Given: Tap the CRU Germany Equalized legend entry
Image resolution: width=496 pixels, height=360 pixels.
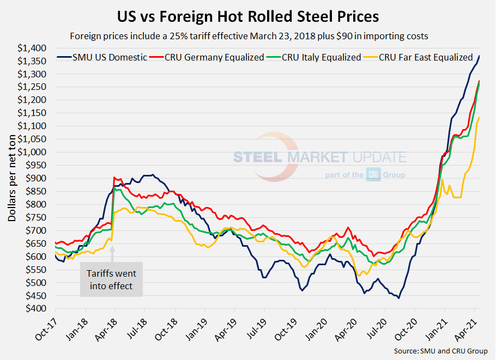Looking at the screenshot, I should (209, 57).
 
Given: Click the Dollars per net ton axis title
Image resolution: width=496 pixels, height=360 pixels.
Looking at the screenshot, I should (12, 178).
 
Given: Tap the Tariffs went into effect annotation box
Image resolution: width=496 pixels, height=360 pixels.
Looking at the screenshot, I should (111, 279).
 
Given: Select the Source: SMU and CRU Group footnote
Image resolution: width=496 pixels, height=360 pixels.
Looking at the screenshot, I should (440, 351).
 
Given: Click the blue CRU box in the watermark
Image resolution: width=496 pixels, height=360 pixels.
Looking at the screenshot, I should (373, 175).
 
